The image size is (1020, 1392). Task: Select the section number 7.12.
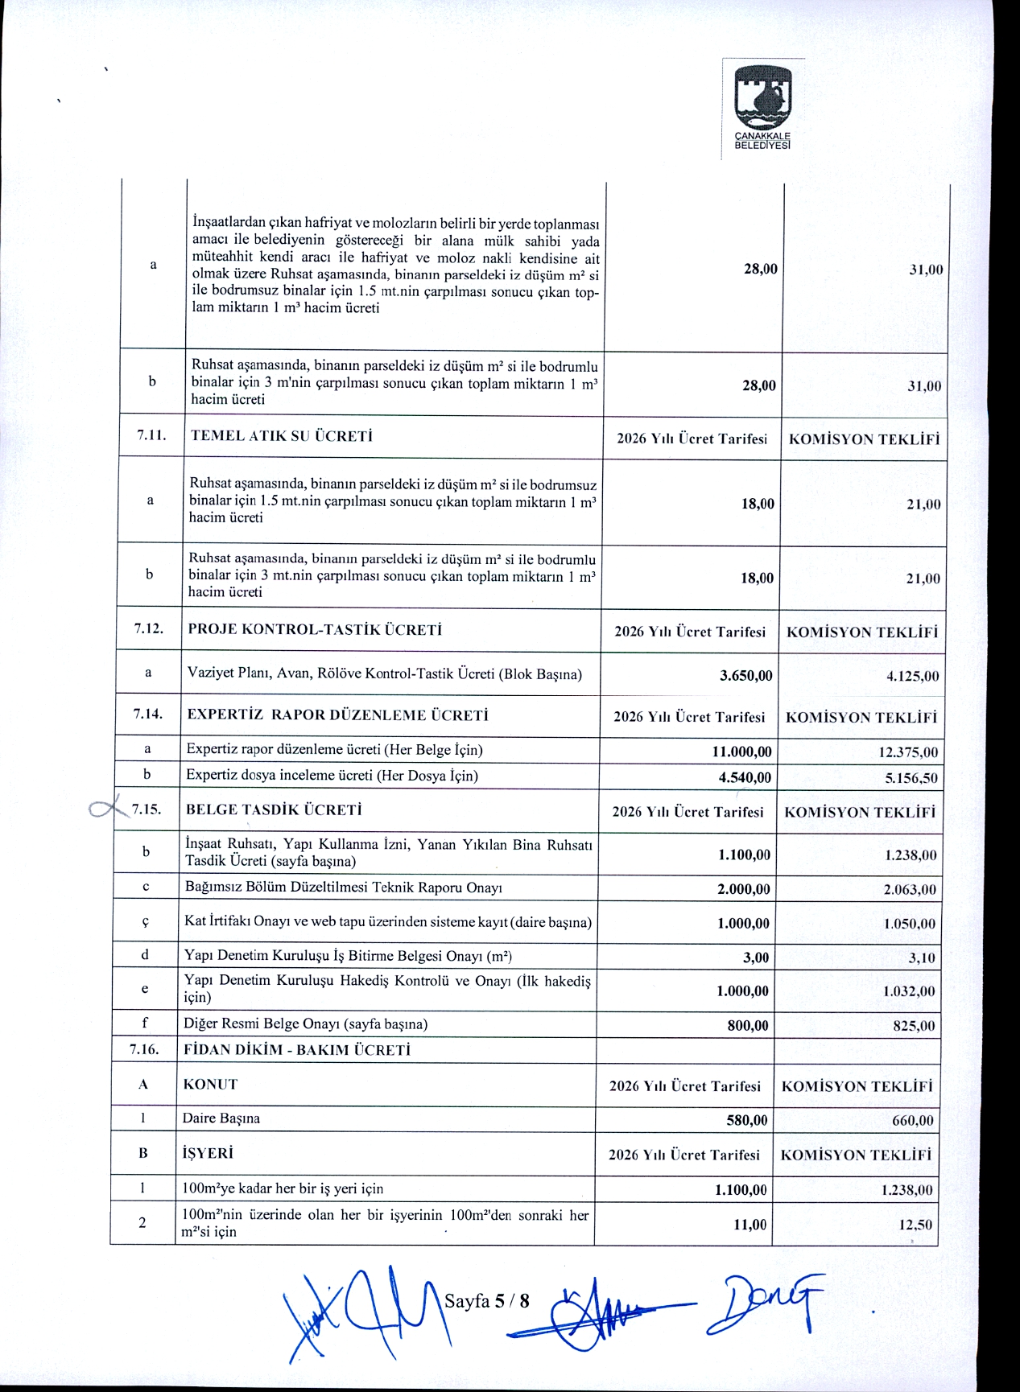[149, 628]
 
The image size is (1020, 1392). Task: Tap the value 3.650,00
[745, 675]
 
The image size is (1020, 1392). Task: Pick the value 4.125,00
[912, 676]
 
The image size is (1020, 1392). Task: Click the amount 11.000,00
[741, 752]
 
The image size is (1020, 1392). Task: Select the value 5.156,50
[911, 778]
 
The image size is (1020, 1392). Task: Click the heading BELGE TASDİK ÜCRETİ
[274, 809]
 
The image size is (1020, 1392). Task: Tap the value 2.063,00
[910, 889]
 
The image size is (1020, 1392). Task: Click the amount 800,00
[748, 1025]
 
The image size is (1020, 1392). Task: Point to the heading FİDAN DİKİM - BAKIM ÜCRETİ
[297, 1049]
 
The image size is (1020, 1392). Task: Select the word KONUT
[210, 1084]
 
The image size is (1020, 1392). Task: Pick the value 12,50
[915, 1225]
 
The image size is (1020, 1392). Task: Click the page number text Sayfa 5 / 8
[487, 1300]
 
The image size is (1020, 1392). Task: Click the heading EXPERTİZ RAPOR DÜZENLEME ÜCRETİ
[337, 715]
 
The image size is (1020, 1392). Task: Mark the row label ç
[145, 922]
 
